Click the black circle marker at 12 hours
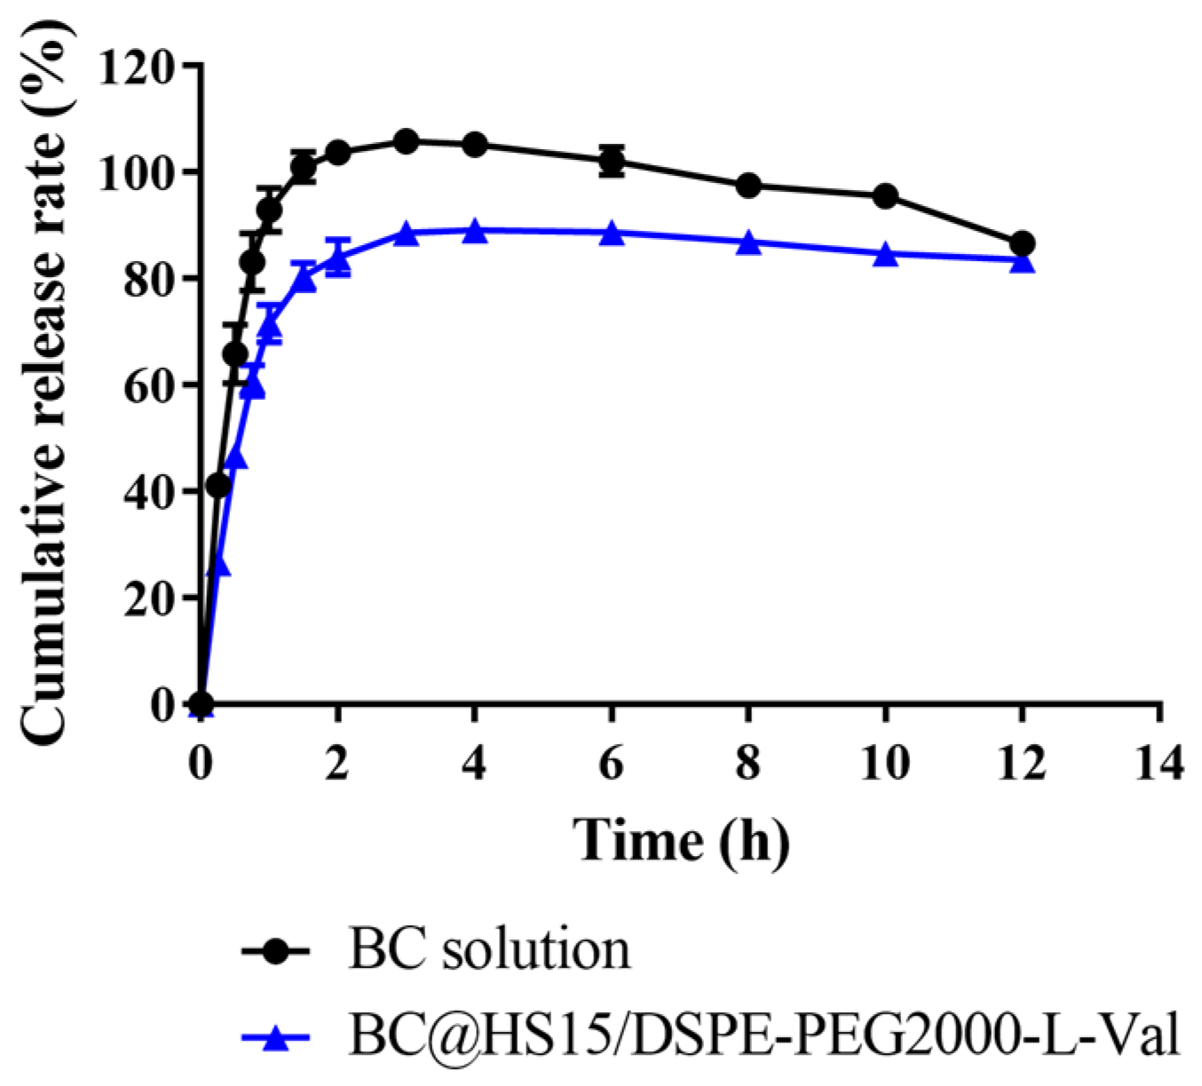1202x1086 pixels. (x=1022, y=243)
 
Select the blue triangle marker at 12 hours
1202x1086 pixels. (x=1022, y=261)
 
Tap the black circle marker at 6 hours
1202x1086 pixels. (x=612, y=161)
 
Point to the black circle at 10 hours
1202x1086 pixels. (x=885, y=196)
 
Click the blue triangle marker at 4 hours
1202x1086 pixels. (x=475, y=231)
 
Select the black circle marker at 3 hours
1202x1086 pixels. (x=407, y=141)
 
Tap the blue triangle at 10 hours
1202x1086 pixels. (x=885, y=255)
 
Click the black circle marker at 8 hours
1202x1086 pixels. (x=748, y=186)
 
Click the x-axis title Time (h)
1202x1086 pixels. (x=681, y=839)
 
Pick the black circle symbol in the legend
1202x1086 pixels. (x=276, y=951)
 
